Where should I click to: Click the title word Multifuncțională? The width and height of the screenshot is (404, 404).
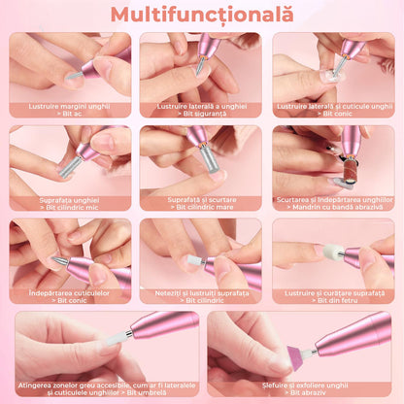click(x=202, y=15)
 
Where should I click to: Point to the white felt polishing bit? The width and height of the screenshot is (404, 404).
click(x=333, y=252)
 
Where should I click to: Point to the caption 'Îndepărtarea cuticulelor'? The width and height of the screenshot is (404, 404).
click(x=69, y=293)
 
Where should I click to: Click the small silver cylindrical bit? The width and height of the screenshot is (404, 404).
click(x=70, y=167)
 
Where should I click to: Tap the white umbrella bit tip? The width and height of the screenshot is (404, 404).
click(x=117, y=338)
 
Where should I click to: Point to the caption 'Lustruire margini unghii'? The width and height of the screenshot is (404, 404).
click(x=69, y=106)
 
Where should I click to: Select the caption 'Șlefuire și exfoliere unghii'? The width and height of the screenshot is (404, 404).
click(x=305, y=386)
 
